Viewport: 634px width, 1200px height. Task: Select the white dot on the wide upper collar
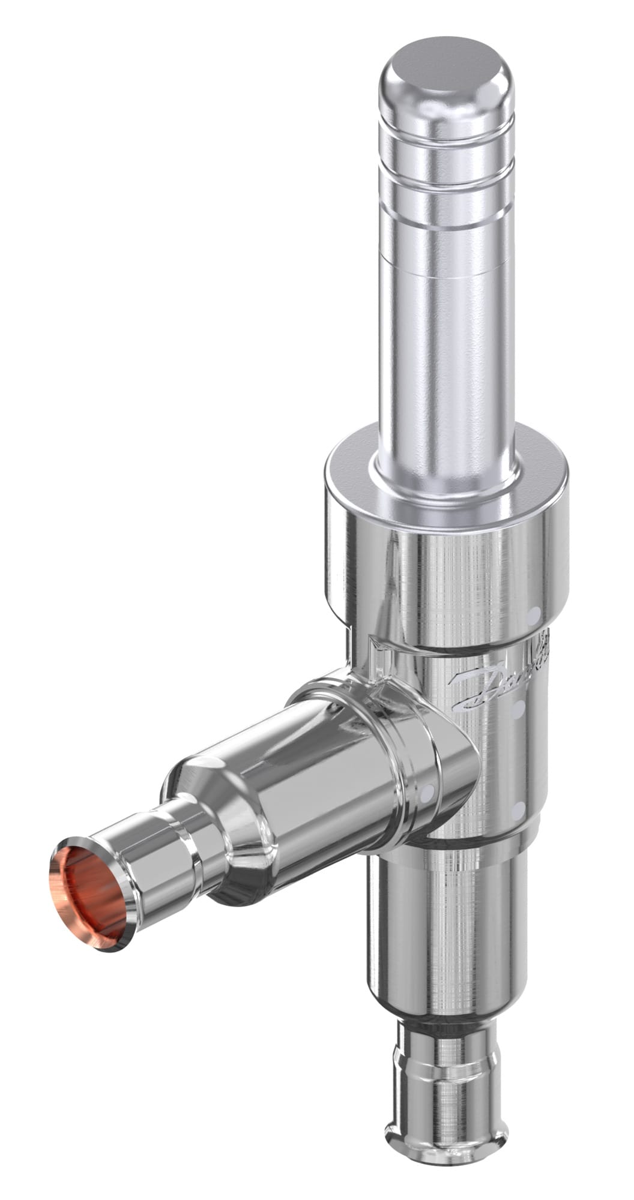point(532,616)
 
